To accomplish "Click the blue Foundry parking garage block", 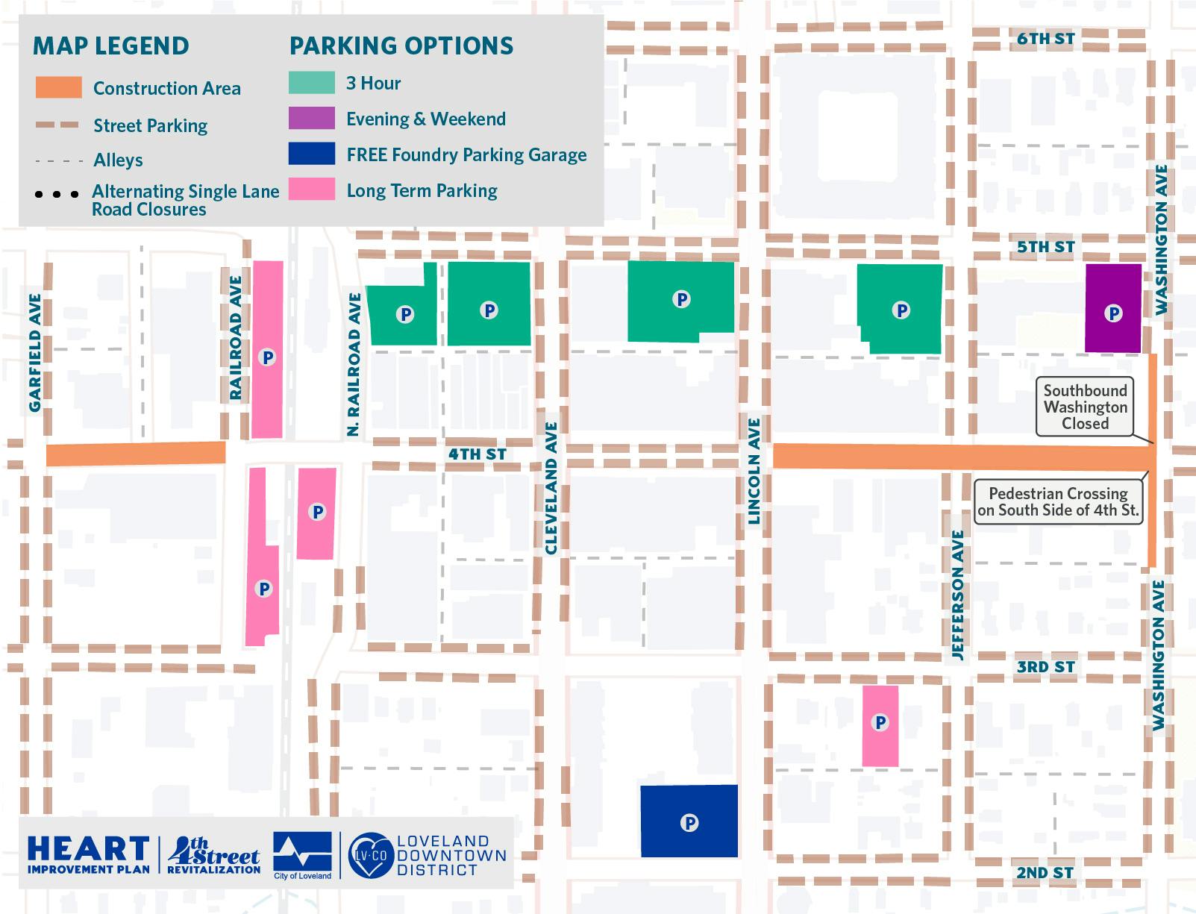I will coord(689,821).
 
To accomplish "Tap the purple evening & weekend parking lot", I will coord(1112,308).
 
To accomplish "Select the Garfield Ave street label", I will coord(35,352).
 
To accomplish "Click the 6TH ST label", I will coord(1045,39).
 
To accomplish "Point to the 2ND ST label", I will coord(1045,872).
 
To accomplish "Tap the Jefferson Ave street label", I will coord(958,595).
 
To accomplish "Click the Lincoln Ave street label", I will coord(754,471).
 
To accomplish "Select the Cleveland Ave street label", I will coord(551,488).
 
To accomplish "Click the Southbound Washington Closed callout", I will coord(1085,407).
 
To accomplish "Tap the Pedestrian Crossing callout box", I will coord(1058,502).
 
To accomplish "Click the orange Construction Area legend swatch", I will coord(58,88).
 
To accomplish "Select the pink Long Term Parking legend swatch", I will coord(311,190).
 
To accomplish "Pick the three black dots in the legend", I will coord(57,195).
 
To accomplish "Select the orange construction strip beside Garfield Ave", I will coord(136,454).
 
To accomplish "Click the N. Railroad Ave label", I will coord(354,364).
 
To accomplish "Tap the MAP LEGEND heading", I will coord(110,46).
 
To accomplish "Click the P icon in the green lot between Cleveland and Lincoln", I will coord(681,299).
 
